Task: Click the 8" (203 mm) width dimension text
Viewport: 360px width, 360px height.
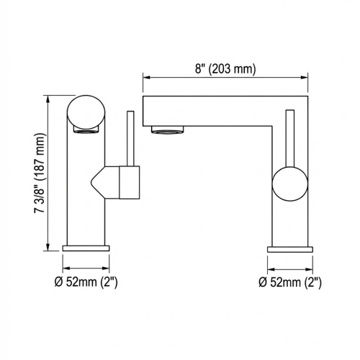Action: [x=225, y=70]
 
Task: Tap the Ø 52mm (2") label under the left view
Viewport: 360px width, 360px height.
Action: [x=86, y=280]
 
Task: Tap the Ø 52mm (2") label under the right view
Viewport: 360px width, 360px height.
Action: [x=290, y=280]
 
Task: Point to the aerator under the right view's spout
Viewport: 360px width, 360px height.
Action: [x=168, y=130]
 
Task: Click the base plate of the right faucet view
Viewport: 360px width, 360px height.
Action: [x=290, y=248]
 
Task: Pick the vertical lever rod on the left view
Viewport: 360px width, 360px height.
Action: [x=130, y=137]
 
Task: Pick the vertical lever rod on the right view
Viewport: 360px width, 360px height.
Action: [x=290, y=137]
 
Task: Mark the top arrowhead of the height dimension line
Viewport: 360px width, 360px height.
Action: [x=48, y=96]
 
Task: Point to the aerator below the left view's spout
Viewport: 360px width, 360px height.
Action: [x=84, y=130]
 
